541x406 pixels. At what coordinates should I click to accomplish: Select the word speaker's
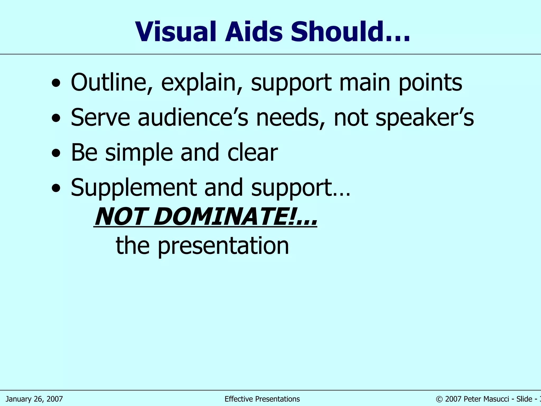(x=425, y=118)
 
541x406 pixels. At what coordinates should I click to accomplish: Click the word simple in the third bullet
(x=139, y=153)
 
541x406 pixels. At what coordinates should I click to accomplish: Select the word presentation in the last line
(x=223, y=246)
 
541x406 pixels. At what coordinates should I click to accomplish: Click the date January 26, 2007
(x=34, y=399)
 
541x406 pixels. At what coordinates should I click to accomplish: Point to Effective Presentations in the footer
(x=262, y=399)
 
